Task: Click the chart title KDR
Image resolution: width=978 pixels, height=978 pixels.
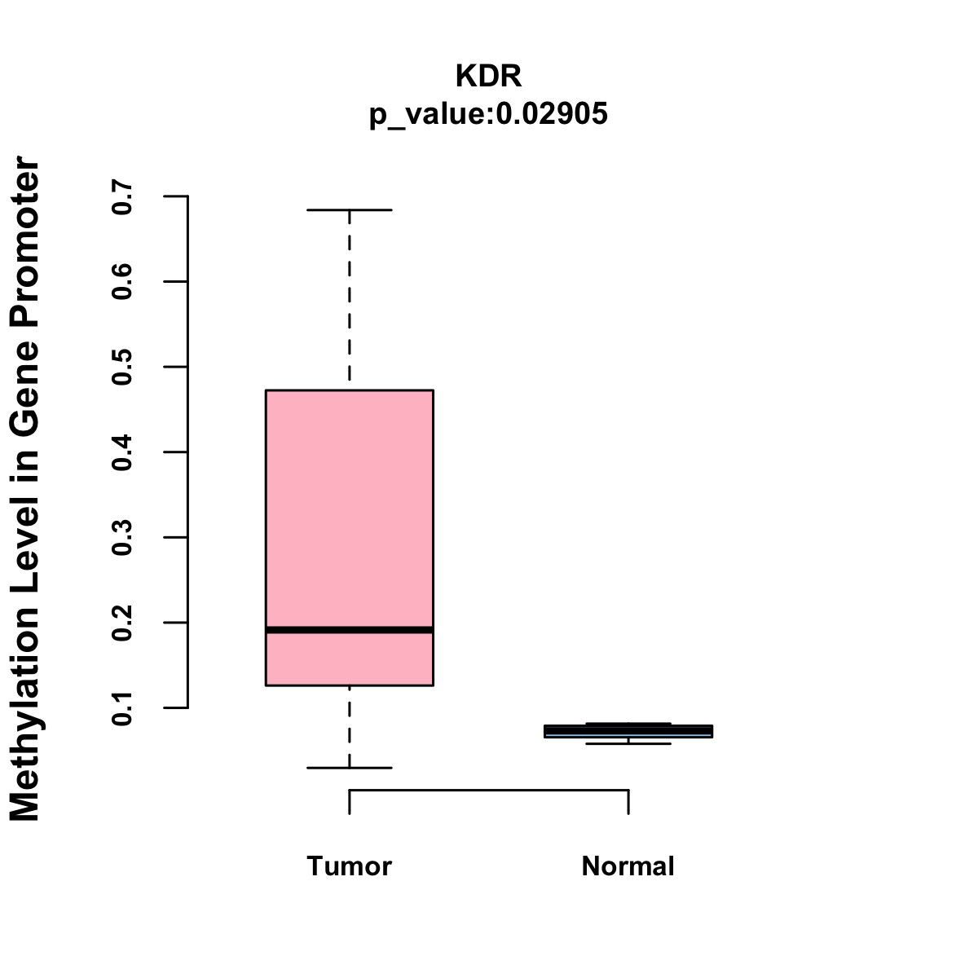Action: click(488, 76)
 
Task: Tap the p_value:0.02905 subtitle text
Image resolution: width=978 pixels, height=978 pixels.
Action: click(488, 114)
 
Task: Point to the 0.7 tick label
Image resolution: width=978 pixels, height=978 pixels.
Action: click(122, 196)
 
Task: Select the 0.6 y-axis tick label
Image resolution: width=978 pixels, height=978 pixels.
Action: click(122, 281)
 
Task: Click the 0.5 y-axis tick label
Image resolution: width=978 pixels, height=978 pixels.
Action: click(122, 367)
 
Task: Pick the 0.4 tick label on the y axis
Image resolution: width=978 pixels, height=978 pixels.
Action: click(122, 452)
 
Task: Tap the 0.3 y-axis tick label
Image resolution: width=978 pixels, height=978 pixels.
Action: click(122, 537)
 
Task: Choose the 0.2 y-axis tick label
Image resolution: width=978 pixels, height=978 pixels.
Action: click(122, 623)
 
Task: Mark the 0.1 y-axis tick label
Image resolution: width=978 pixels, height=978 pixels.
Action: click(122, 707)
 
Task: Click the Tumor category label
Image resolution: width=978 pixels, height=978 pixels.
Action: click(349, 866)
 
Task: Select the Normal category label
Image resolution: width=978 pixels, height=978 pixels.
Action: click(628, 866)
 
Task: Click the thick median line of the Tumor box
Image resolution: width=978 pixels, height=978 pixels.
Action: click(349, 630)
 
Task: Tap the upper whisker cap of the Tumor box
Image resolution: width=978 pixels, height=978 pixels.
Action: click(349, 210)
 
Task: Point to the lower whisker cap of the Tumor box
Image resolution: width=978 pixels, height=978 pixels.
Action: click(349, 768)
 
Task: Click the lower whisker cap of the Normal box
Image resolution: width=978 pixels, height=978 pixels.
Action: click(628, 743)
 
